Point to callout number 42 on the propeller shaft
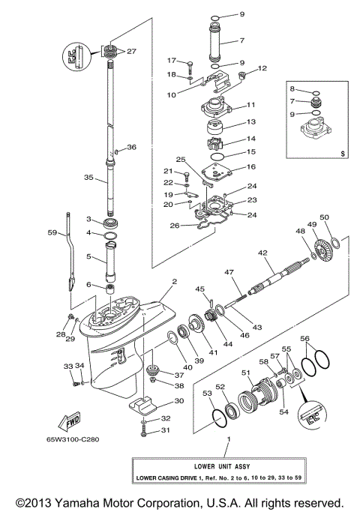pos(263,253)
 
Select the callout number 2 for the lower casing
pos(173,282)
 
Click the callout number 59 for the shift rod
pos(52,232)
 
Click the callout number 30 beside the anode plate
pos(178,400)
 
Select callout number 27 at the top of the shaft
pos(131,51)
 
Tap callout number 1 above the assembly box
pos(229,437)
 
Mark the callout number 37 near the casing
pos(178,375)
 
